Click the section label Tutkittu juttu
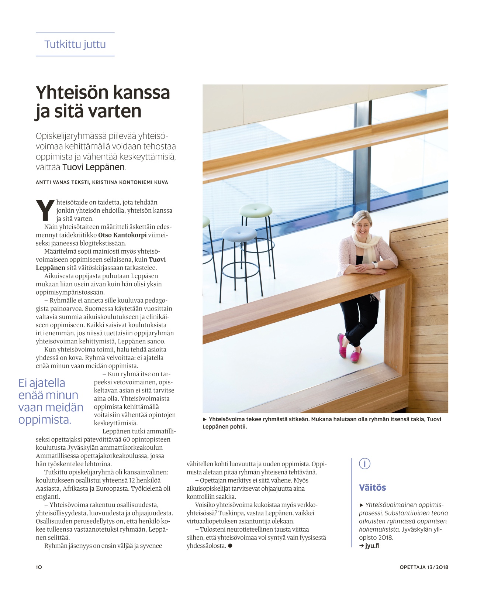75,44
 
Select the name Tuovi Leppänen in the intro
93,167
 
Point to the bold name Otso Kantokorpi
122,235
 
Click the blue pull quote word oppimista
45,420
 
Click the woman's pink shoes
349,349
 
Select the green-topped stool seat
256,210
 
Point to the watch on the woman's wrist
375,264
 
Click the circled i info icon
364,464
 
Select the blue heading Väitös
372,487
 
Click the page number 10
39,567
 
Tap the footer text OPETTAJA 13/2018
423,567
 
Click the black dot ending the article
230,546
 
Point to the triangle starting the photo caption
205,419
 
